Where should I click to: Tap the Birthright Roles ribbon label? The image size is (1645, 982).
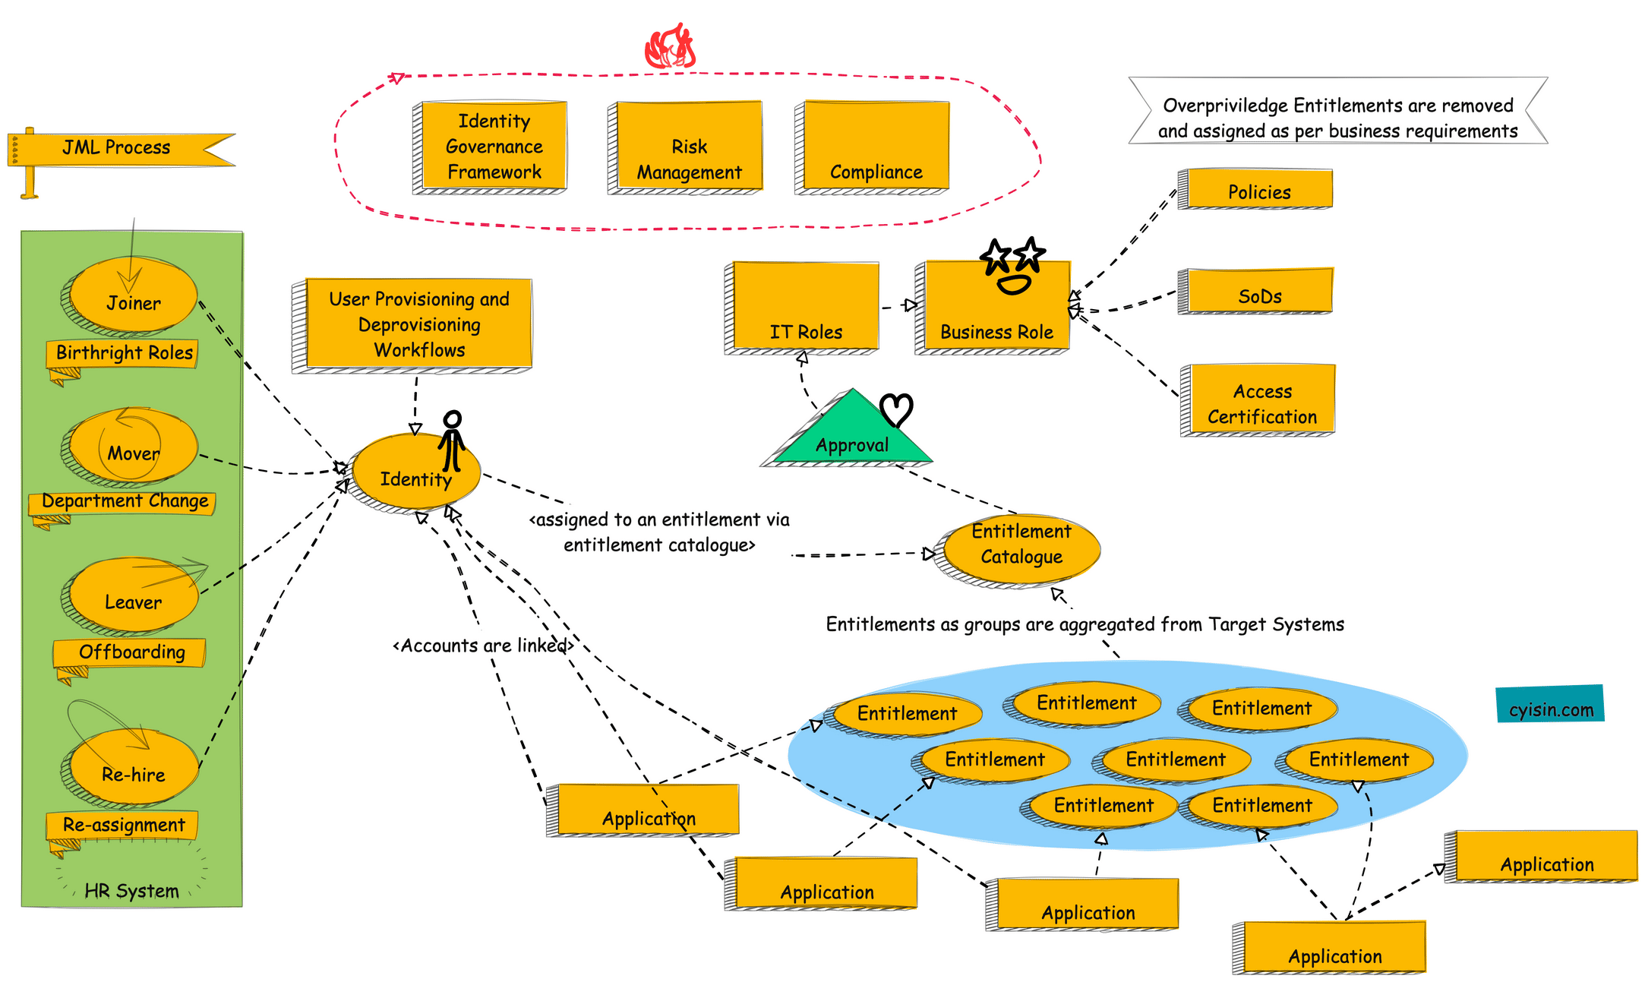coord(124,353)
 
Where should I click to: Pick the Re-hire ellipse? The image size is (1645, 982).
coord(133,769)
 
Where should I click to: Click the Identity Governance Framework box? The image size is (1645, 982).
coord(494,146)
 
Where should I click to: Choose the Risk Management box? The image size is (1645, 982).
coord(689,146)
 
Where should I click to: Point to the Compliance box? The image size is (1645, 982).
coord(876,146)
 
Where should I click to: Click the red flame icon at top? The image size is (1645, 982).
coord(670,47)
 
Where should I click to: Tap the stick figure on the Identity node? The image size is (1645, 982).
coord(452,440)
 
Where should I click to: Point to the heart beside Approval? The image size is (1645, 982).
coord(896,410)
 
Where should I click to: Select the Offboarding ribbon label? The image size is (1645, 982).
coord(131,652)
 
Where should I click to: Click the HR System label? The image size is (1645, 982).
coord(131,890)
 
